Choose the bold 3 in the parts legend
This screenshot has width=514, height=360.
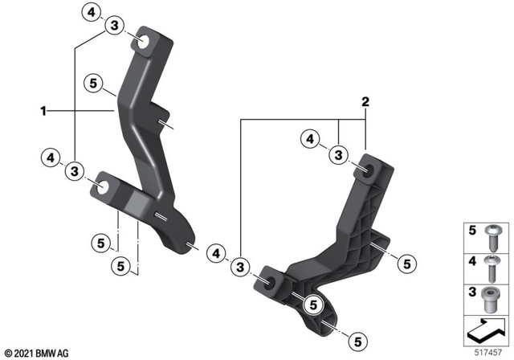tap(473, 291)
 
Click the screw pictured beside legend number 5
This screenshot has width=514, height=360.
tap(494, 238)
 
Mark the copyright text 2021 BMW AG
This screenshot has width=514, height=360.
tap(37, 352)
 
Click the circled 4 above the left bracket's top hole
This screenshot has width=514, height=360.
tap(92, 12)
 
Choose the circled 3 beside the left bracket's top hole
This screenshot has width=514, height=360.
tap(115, 27)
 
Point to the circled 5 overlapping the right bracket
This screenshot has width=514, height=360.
tap(313, 304)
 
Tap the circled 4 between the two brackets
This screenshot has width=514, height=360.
tap(215, 252)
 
